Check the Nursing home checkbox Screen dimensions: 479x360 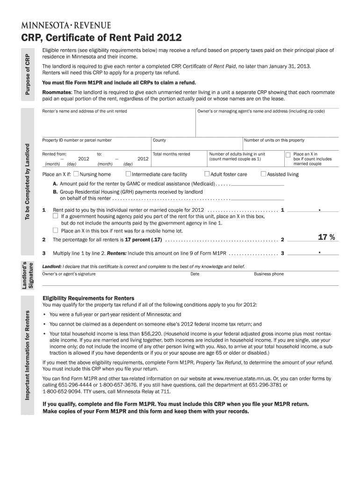[x=76, y=174]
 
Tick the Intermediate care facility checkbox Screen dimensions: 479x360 [x=129, y=174]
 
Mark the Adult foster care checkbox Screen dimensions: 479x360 [x=207, y=174]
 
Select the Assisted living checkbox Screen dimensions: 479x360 [x=263, y=174]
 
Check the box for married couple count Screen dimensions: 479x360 [x=288, y=154]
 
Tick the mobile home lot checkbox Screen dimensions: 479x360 [x=56, y=230]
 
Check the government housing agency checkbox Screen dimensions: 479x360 [x=56, y=216]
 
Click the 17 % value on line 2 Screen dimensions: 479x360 [x=326, y=238]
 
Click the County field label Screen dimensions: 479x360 [x=159, y=140]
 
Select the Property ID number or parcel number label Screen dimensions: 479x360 [x=77, y=140]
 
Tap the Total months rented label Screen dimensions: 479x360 [x=172, y=154]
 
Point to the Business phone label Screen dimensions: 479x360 [x=269, y=274]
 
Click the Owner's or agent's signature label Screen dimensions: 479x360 [x=69, y=274]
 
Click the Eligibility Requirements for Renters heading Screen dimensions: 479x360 [x=88, y=298]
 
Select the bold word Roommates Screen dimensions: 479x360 [x=57, y=93]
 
